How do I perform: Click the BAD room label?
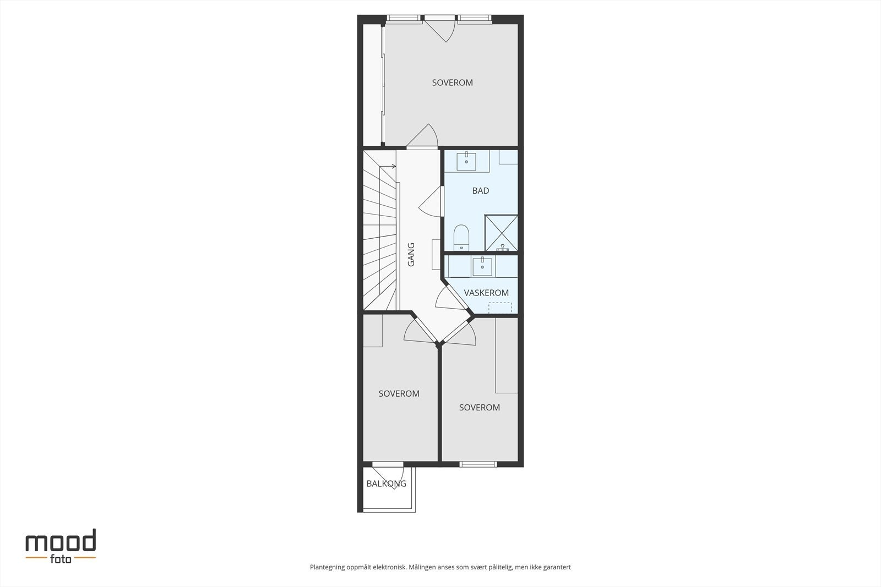tap(480, 191)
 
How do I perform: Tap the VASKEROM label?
tap(486, 293)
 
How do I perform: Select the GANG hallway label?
tap(411, 255)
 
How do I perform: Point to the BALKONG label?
tap(386, 484)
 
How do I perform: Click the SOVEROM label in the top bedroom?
tap(452, 83)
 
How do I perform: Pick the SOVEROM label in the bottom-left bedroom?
tap(399, 393)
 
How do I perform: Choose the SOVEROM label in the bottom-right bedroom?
tap(479, 407)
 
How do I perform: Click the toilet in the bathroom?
tap(461, 238)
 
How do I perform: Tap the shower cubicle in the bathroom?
tap(501, 233)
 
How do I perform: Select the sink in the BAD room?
tap(466, 160)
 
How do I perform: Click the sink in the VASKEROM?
tap(482, 266)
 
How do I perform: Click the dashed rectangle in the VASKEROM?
tap(499, 308)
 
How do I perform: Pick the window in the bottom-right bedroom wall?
tap(478, 464)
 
